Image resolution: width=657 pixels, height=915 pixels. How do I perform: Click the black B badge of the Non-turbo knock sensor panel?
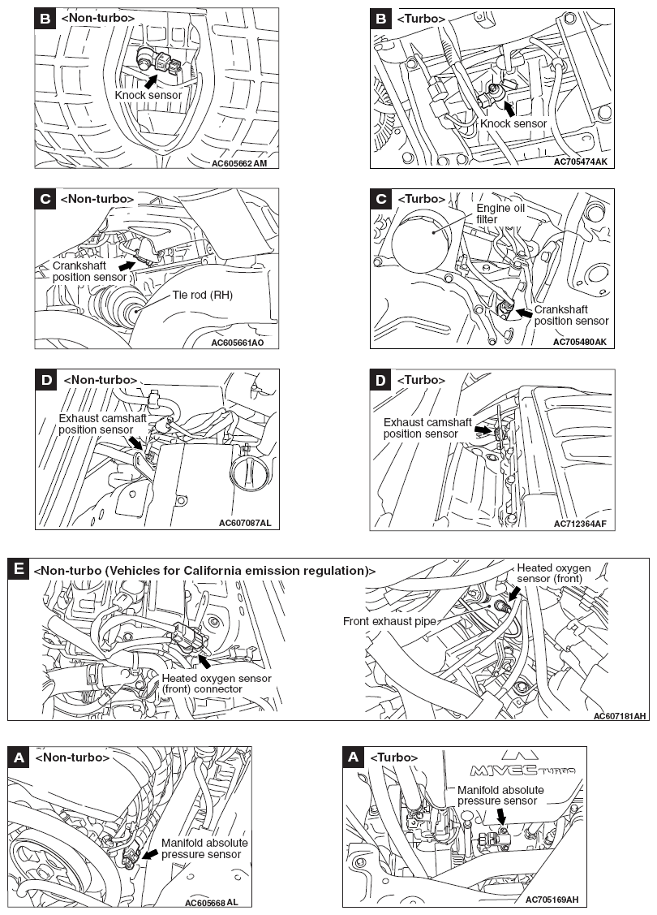click(x=45, y=18)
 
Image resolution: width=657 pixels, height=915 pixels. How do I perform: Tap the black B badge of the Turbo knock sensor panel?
click(x=381, y=19)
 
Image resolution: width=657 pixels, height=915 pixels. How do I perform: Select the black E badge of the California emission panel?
click(x=19, y=569)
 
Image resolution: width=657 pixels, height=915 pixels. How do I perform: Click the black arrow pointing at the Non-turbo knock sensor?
click(x=151, y=80)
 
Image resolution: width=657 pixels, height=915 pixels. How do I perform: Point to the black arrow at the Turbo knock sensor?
click(x=509, y=109)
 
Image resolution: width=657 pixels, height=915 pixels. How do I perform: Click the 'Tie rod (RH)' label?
click(x=202, y=296)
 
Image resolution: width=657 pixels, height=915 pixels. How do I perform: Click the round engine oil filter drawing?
click(x=422, y=242)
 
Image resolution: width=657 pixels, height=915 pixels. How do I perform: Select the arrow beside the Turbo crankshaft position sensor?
click(x=524, y=313)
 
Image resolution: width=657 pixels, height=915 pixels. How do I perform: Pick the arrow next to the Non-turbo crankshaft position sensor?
click(x=127, y=266)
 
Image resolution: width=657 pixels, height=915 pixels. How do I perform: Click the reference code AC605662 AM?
click(x=239, y=163)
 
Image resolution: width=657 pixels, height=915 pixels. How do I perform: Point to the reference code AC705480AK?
click(x=579, y=342)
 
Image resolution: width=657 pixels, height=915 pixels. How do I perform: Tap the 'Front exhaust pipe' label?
click(x=389, y=621)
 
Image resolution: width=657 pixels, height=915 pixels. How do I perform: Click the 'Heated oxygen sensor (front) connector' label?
click(x=217, y=684)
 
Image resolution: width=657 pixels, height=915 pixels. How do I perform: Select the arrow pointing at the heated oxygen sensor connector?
click(x=204, y=662)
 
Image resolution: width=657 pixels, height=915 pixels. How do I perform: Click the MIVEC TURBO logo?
click(x=523, y=765)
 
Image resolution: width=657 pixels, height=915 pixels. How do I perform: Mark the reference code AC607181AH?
click(x=620, y=716)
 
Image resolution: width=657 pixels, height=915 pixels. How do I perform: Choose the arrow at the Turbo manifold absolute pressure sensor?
click(x=501, y=817)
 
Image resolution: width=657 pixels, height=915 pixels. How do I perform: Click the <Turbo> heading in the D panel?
click(x=421, y=380)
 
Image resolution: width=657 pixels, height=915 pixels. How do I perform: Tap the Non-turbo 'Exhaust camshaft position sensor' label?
click(x=102, y=424)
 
